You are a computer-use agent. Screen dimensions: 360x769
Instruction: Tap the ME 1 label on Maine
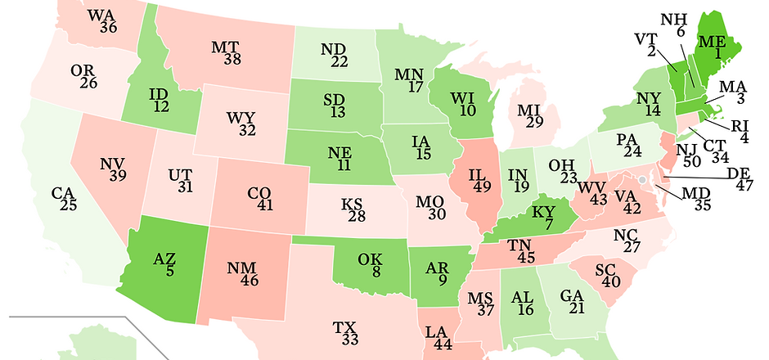pyautogui.click(x=713, y=47)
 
